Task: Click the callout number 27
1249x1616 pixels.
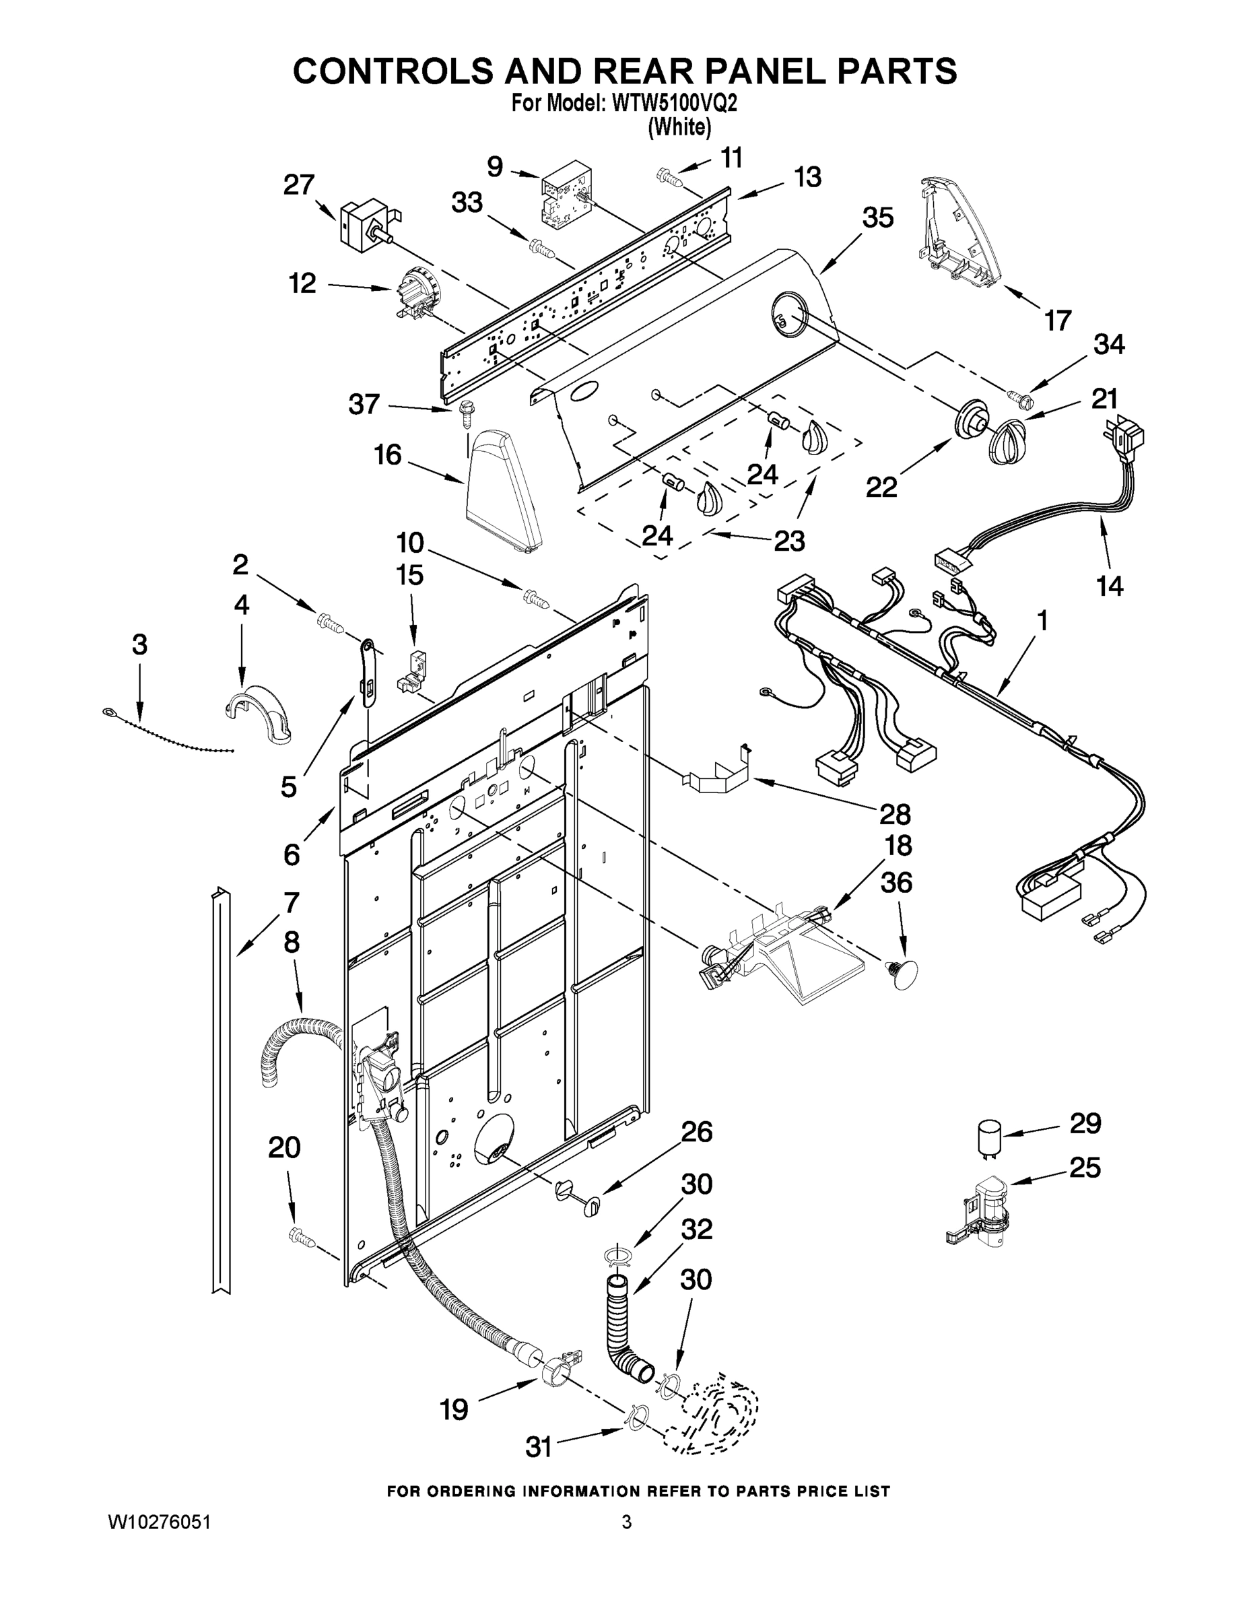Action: [x=299, y=184]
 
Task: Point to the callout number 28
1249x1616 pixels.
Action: [x=895, y=814]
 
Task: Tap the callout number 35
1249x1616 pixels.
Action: [x=877, y=217]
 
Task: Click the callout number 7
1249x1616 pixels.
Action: [x=291, y=903]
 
